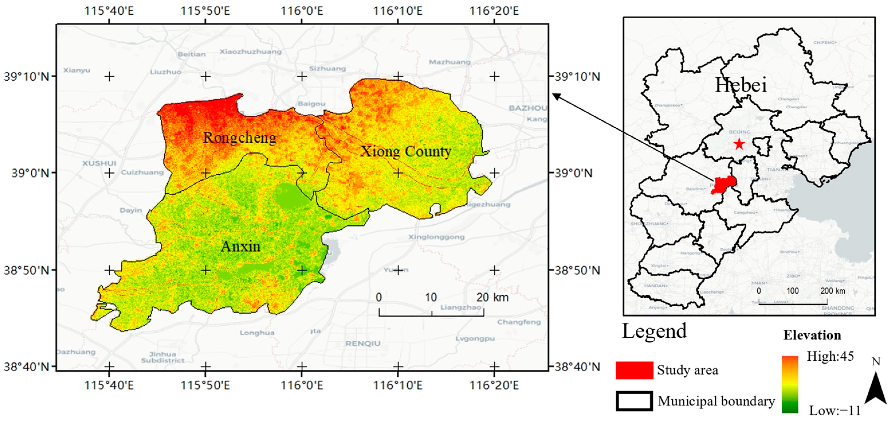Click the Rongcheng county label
point(240,138)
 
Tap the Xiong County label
point(406,151)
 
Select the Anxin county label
point(240,246)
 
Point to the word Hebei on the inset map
point(741,85)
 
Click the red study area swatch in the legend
point(634,370)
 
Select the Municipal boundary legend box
point(634,401)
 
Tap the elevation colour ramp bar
point(789,384)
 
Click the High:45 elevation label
point(830,356)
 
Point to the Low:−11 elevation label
point(834,411)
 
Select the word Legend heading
point(654,331)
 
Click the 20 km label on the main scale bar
point(492,297)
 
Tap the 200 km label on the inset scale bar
point(832,291)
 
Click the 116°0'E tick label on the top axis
point(302,11)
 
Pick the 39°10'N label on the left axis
point(26,76)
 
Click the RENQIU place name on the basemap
point(363,344)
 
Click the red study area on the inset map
point(723,185)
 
